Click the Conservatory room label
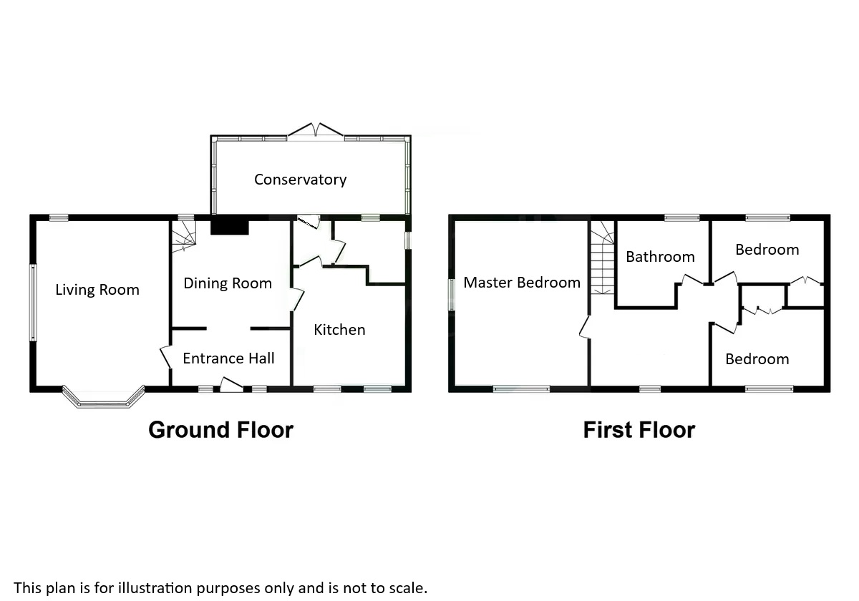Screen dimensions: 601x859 point(300,180)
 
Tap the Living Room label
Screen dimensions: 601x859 point(97,290)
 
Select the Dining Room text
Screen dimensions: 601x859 point(228,283)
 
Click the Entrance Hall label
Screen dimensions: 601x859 point(228,358)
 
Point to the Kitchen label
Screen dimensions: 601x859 point(339,330)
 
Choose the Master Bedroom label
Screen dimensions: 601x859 point(522,283)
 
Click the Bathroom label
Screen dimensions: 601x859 point(660,257)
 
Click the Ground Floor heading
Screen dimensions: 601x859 point(220,430)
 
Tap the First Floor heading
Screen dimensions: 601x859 point(639,430)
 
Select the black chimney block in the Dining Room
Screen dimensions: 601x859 point(230,227)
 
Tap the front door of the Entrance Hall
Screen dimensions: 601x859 point(230,386)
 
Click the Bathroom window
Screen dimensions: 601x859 point(681,218)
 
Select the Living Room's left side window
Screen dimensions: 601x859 point(32,303)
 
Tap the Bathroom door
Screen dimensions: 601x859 point(691,280)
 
